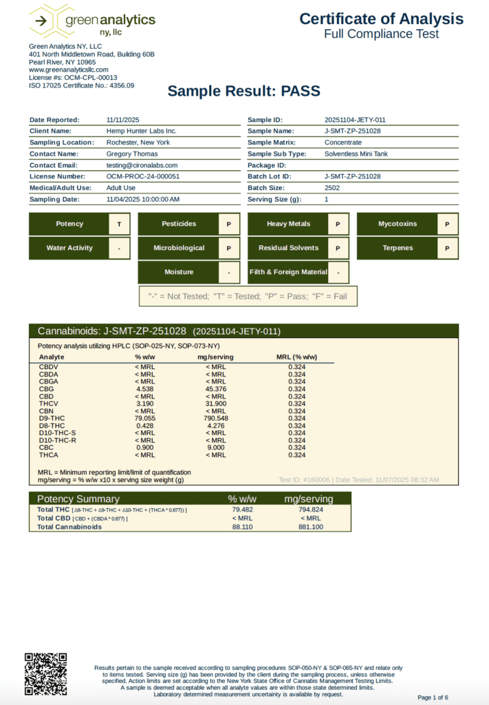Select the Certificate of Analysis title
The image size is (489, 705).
(381, 19)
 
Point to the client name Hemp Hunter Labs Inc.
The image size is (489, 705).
(142, 131)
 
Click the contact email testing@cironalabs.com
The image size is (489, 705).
(142, 165)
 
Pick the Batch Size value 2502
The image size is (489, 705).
(333, 188)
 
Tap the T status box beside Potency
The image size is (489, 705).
(120, 224)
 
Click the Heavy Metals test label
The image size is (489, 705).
(288, 224)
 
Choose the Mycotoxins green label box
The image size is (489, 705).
(397, 224)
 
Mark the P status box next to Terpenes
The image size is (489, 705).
(447, 248)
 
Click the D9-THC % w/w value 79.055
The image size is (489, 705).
(144, 418)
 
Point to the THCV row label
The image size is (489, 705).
(48, 403)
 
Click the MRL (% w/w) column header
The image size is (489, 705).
(296, 357)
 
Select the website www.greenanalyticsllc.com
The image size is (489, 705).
(69, 70)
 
